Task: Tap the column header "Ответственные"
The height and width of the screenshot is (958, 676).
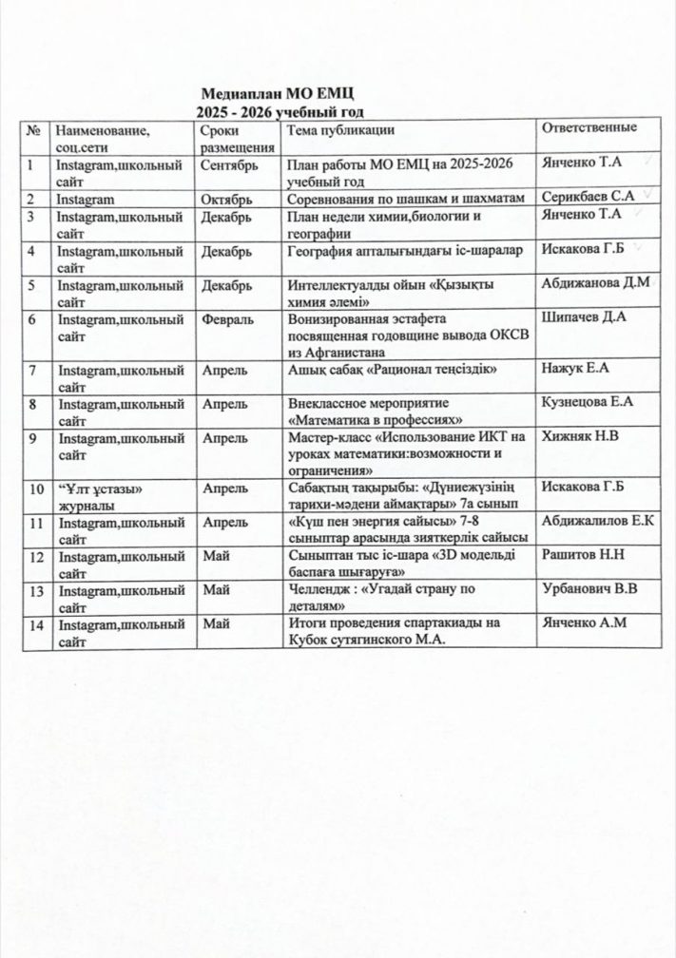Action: click(588, 129)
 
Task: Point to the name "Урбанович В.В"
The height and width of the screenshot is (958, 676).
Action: click(589, 589)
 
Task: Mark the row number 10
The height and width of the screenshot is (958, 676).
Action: click(36, 489)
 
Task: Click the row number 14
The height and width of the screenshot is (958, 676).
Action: click(36, 624)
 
